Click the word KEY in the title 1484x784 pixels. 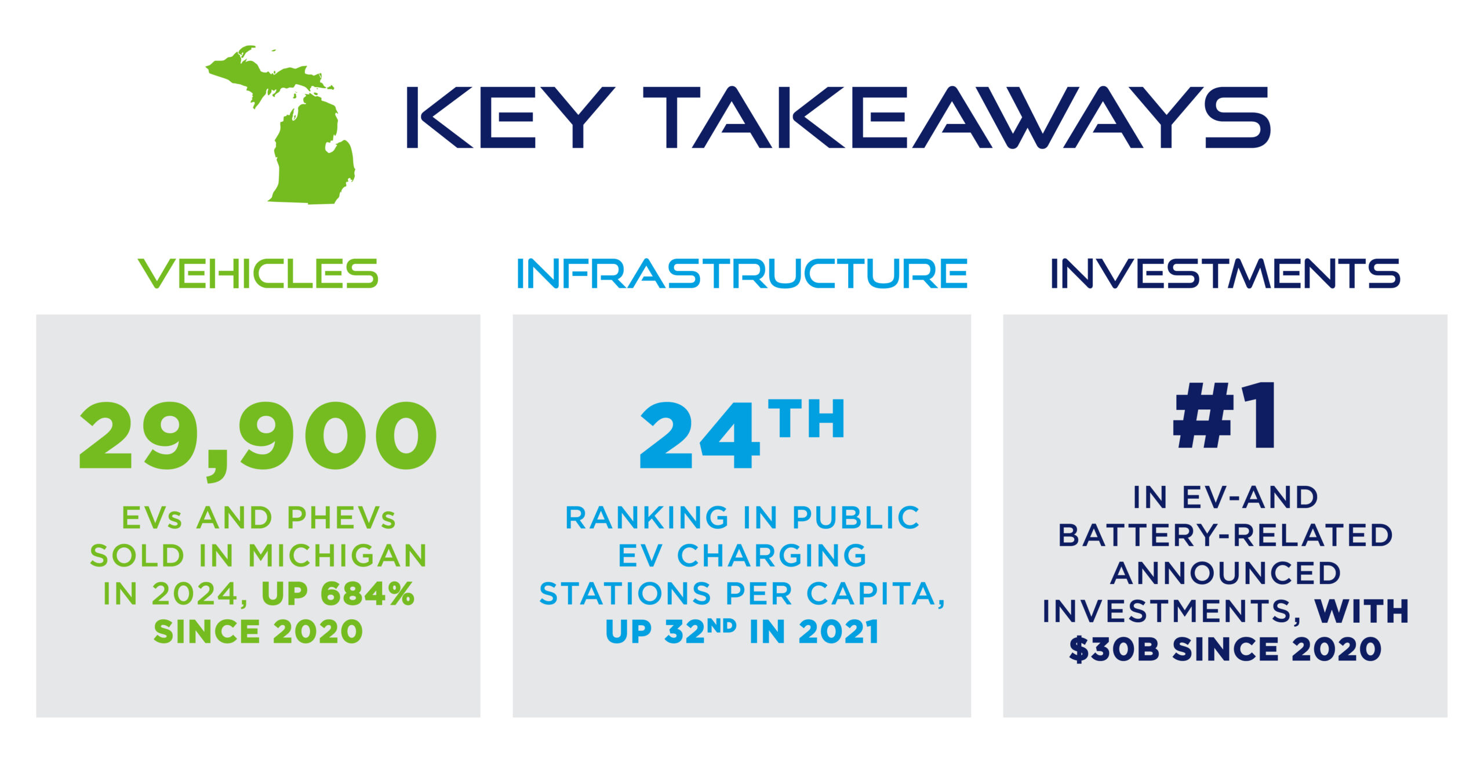coord(511,118)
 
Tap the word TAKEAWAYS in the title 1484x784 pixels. coord(957,118)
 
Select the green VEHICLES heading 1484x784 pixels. coord(258,274)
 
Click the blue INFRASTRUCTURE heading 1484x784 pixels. coord(742,274)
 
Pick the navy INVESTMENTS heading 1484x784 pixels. coord(1225,274)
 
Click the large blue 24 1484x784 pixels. coord(700,435)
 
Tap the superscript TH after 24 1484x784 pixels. coord(806,418)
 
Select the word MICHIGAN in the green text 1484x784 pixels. coord(338,556)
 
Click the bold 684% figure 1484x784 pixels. coord(368,593)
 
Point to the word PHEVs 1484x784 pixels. coord(341,517)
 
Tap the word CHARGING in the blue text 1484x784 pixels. coord(772,556)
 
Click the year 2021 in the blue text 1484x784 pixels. coord(839,631)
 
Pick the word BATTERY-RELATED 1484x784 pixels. coord(1225,535)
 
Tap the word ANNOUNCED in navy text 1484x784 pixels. coord(1225,573)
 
